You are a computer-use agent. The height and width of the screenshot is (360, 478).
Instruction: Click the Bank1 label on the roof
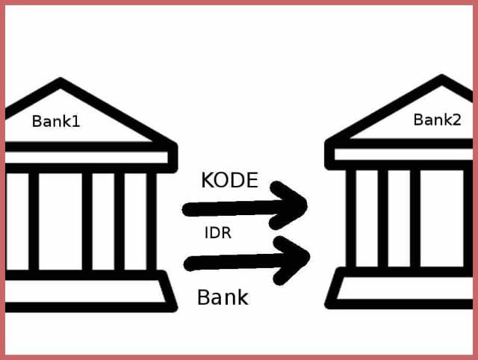pyautogui.click(x=55, y=120)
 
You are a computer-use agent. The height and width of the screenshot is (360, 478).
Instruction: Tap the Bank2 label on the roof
pyautogui.click(x=437, y=120)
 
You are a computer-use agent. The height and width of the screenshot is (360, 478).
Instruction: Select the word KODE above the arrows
pyautogui.click(x=229, y=180)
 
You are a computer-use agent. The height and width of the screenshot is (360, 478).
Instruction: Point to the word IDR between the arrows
pyautogui.click(x=217, y=233)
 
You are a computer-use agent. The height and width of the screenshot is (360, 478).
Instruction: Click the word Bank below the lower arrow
pyautogui.click(x=223, y=297)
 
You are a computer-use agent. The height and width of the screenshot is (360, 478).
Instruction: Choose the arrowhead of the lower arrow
pyautogui.click(x=297, y=257)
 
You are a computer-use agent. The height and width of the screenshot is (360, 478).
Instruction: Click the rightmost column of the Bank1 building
pyautogui.click(x=152, y=221)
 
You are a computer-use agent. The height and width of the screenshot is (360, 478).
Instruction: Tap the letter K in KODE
pyautogui.click(x=208, y=180)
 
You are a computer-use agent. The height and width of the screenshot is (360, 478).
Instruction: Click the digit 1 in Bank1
pyautogui.click(x=75, y=120)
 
